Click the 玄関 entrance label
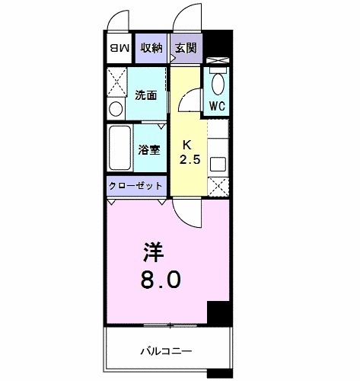pos(186,48)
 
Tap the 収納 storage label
pos(151,48)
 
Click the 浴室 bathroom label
pos(148,149)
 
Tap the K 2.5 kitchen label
pos(188,152)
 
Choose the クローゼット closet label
pos(135,186)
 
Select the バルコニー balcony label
pos(166,351)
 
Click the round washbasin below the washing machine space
pos(116,109)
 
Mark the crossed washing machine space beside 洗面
pos(116,79)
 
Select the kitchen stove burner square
pos(217,163)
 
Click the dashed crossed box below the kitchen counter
pos(217,186)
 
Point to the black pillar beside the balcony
pos(218,313)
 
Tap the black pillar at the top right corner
pos(218,41)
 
